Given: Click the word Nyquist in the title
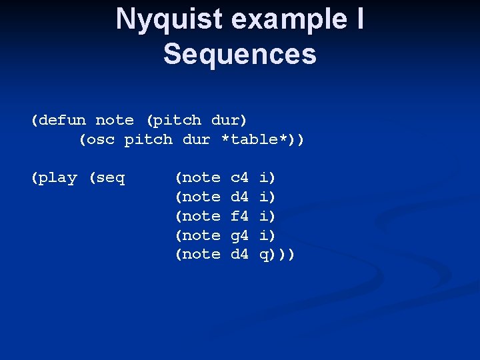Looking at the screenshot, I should [169, 19].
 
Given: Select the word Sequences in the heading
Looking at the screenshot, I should [240, 54].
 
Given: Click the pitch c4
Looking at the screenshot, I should [239, 178].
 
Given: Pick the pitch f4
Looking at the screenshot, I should [239, 216].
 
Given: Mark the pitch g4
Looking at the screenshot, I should [239, 235].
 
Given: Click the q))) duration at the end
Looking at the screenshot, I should [277, 255].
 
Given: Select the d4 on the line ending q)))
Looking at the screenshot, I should [239, 255].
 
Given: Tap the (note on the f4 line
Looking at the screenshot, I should [197, 216].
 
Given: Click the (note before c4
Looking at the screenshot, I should [197, 178].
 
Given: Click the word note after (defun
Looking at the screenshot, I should [115, 121].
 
